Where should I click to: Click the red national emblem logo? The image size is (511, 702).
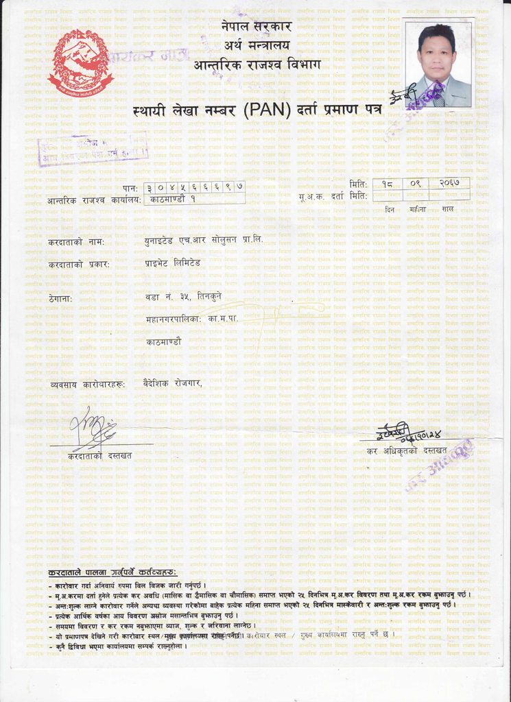coord(80,62)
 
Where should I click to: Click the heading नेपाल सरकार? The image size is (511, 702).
coord(257,27)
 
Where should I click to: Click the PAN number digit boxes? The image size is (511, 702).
coord(195,186)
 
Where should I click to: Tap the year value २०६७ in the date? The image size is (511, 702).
coord(453,184)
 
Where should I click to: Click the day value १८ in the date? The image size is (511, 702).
coord(388,184)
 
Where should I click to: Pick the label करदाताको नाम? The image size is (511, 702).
coord(76,242)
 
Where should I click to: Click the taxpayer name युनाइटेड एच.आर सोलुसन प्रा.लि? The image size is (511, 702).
coord(203,241)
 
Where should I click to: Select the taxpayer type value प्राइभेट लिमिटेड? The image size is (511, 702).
coord(173,263)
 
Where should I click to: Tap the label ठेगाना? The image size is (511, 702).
coord(60,298)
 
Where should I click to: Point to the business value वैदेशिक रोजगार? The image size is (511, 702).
coord(173,383)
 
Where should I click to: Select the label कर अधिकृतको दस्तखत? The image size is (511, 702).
coord(406,450)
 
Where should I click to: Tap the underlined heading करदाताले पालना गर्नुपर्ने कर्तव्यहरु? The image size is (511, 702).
coord(112,572)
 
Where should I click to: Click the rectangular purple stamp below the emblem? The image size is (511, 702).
coord(93,149)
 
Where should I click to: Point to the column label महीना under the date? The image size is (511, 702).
coord(416,208)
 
